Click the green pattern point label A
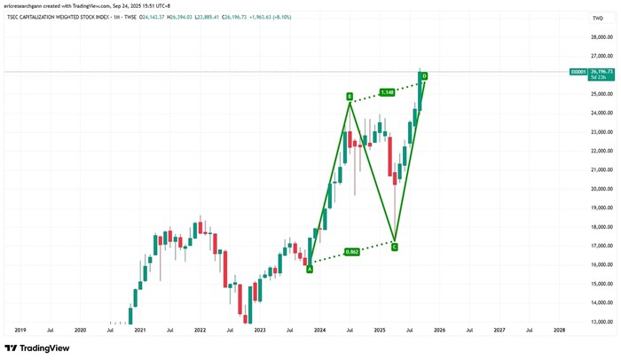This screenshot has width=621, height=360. (310, 270)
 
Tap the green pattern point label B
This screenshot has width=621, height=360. (350, 96)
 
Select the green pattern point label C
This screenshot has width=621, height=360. (395, 247)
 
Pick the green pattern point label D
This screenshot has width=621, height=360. (425, 76)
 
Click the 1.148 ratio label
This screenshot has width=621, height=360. (387, 92)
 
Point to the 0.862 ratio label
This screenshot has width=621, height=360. (351, 252)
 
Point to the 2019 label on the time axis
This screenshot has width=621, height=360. (20, 330)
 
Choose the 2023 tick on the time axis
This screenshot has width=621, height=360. (259, 330)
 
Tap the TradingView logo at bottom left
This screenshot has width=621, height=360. (36, 348)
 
